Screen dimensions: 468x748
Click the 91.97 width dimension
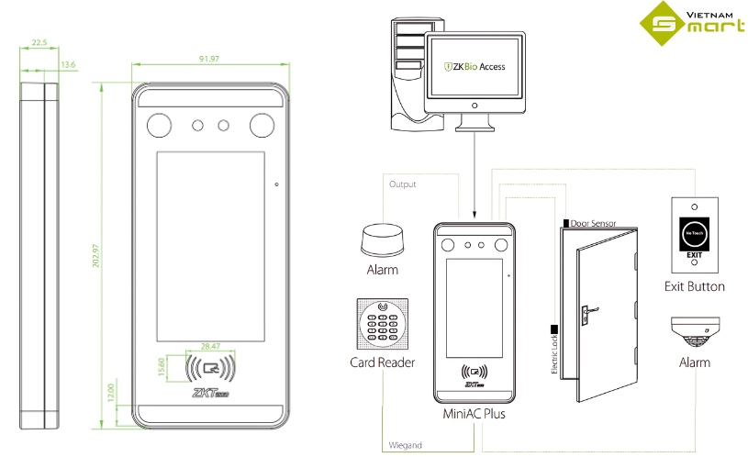point(208,60)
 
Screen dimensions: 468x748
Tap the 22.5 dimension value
point(39,42)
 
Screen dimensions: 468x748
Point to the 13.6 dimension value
point(67,64)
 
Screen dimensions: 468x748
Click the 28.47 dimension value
point(209,346)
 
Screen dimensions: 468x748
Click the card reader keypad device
point(382,324)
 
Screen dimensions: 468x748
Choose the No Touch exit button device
point(694,236)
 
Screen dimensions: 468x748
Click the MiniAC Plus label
point(474,415)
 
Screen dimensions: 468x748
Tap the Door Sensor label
point(592,223)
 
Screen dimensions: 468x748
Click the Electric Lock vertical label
point(553,354)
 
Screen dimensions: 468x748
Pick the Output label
point(402,184)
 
